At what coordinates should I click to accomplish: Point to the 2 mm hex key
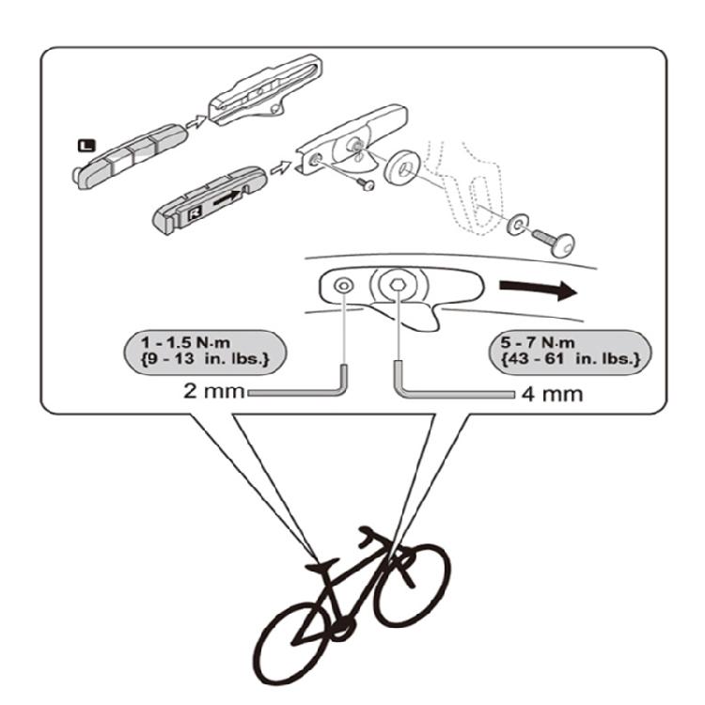[x=310, y=388]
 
